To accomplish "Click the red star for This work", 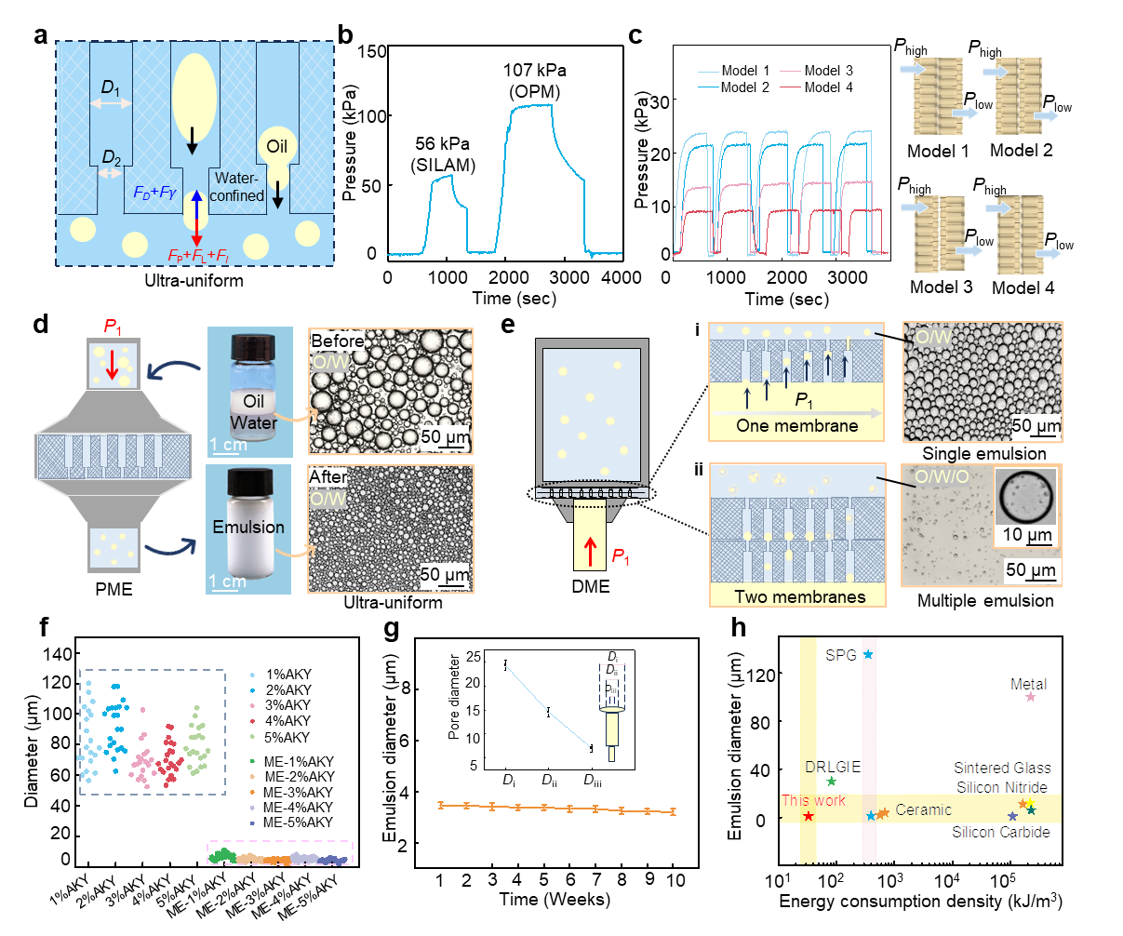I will tap(809, 816).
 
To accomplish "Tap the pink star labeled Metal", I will tap(1030, 697).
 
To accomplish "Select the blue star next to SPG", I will tap(868, 655).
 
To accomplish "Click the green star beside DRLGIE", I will tap(832, 782).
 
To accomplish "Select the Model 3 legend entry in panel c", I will tap(828, 71).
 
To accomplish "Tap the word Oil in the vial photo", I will tap(254, 401).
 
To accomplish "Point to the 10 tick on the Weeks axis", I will tap(675, 879).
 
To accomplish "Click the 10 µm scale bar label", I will tap(1027, 536).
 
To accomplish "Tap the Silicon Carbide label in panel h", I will tap(1000, 832).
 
